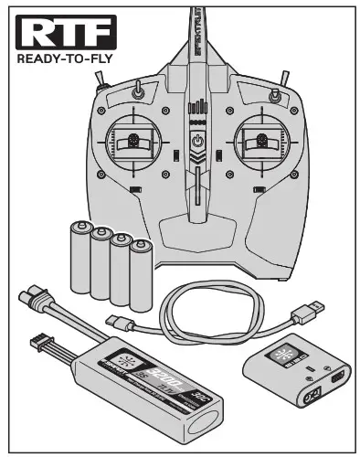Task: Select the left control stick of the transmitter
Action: tap(133, 142)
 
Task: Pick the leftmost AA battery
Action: tap(79, 260)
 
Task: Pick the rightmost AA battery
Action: tap(141, 276)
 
